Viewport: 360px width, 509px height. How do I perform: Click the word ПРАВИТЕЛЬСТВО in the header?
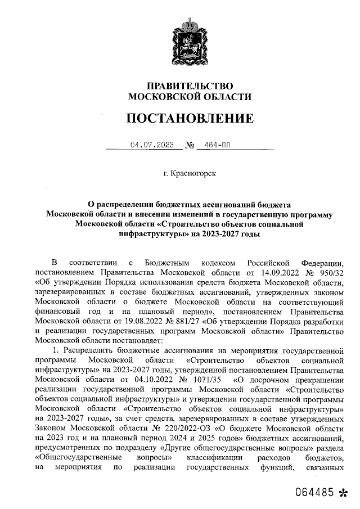[190, 86]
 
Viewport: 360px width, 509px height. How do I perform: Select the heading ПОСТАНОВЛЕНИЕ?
[190, 118]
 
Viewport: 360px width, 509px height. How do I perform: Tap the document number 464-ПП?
[218, 145]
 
